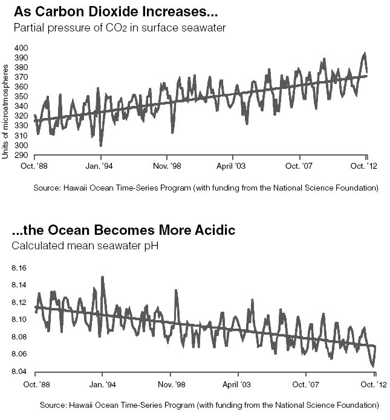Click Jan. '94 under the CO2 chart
coord(99,166)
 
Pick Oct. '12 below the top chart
coord(363,166)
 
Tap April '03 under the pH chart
coord(236,385)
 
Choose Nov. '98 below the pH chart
coord(171,385)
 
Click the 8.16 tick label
coord(19,268)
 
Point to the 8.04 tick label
coord(19,372)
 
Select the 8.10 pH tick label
coord(19,320)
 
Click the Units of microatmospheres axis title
coord(5,111)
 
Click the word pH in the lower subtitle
coord(151,246)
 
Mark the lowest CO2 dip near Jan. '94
coord(101,145)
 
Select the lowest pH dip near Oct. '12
coord(373,366)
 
